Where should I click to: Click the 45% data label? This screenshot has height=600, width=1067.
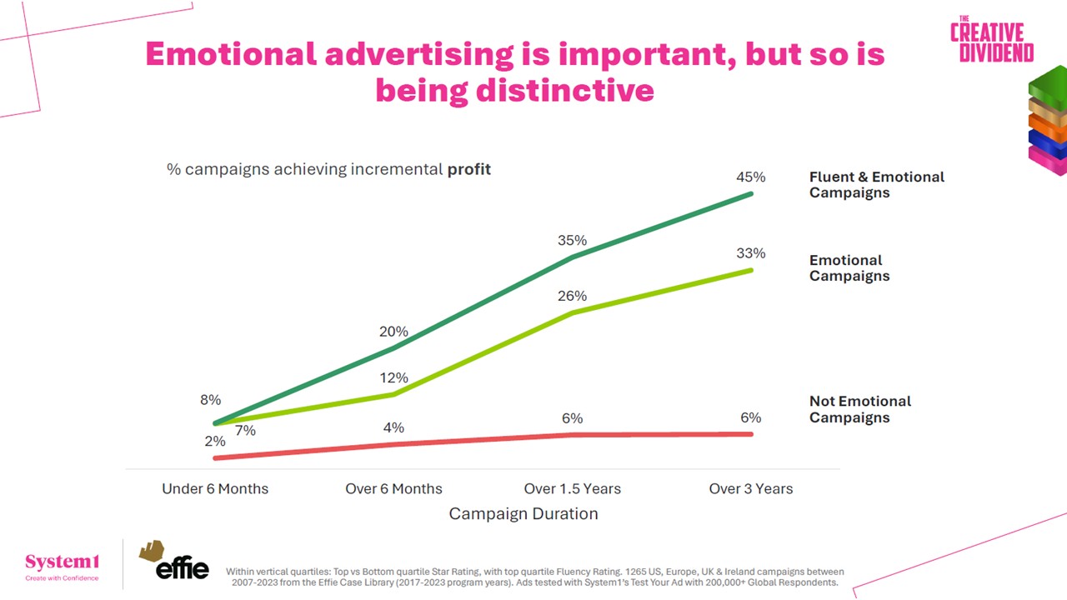(x=750, y=177)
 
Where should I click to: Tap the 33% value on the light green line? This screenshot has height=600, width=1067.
(x=750, y=253)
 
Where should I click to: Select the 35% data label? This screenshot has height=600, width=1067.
(x=572, y=241)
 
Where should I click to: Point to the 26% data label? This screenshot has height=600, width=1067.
(x=572, y=296)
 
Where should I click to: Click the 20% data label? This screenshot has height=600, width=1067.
(x=393, y=332)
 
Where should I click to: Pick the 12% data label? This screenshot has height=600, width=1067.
(x=393, y=378)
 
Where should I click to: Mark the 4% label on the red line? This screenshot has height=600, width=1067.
(x=393, y=427)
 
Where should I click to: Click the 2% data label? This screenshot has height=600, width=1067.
(x=215, y=442)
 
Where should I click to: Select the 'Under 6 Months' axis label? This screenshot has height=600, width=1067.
(x=215, y=488)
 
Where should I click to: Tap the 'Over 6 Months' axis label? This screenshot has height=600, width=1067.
(x=393, y=488)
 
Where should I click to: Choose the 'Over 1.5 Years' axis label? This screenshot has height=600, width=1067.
(x=572, y=488)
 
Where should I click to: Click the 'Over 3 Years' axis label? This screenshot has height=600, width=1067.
(x=750, y=488)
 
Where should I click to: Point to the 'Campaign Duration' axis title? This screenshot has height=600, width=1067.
(x=523, y=514)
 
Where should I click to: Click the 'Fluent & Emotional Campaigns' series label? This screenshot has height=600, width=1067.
(x=876, y=185)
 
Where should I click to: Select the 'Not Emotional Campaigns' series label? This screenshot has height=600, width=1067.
(x=859, y=409)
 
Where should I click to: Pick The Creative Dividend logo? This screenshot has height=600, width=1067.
(x=991, y=40)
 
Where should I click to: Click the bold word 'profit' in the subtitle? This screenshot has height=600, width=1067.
(x=469, y=169)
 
